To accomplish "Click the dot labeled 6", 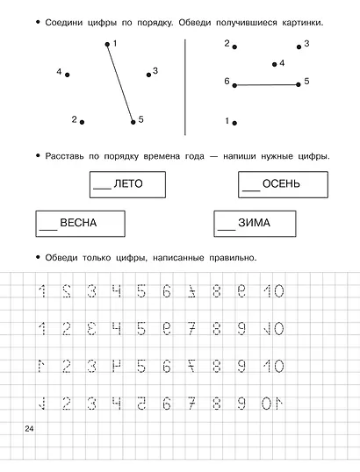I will tap(234, 85).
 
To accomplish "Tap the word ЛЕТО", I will tap(129, 183).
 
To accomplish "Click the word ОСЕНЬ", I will tap(284, 183).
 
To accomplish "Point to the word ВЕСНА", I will tap(80, 223).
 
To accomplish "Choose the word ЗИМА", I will tap(254, 223).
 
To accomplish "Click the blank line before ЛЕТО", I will tap(102, 188).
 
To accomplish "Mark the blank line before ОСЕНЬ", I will tap(250, 188).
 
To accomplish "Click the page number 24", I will tap(31, 426).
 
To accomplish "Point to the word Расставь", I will tap(62, 156).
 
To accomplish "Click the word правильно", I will tap(227, 257).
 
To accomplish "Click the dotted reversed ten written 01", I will tap(273, 404).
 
